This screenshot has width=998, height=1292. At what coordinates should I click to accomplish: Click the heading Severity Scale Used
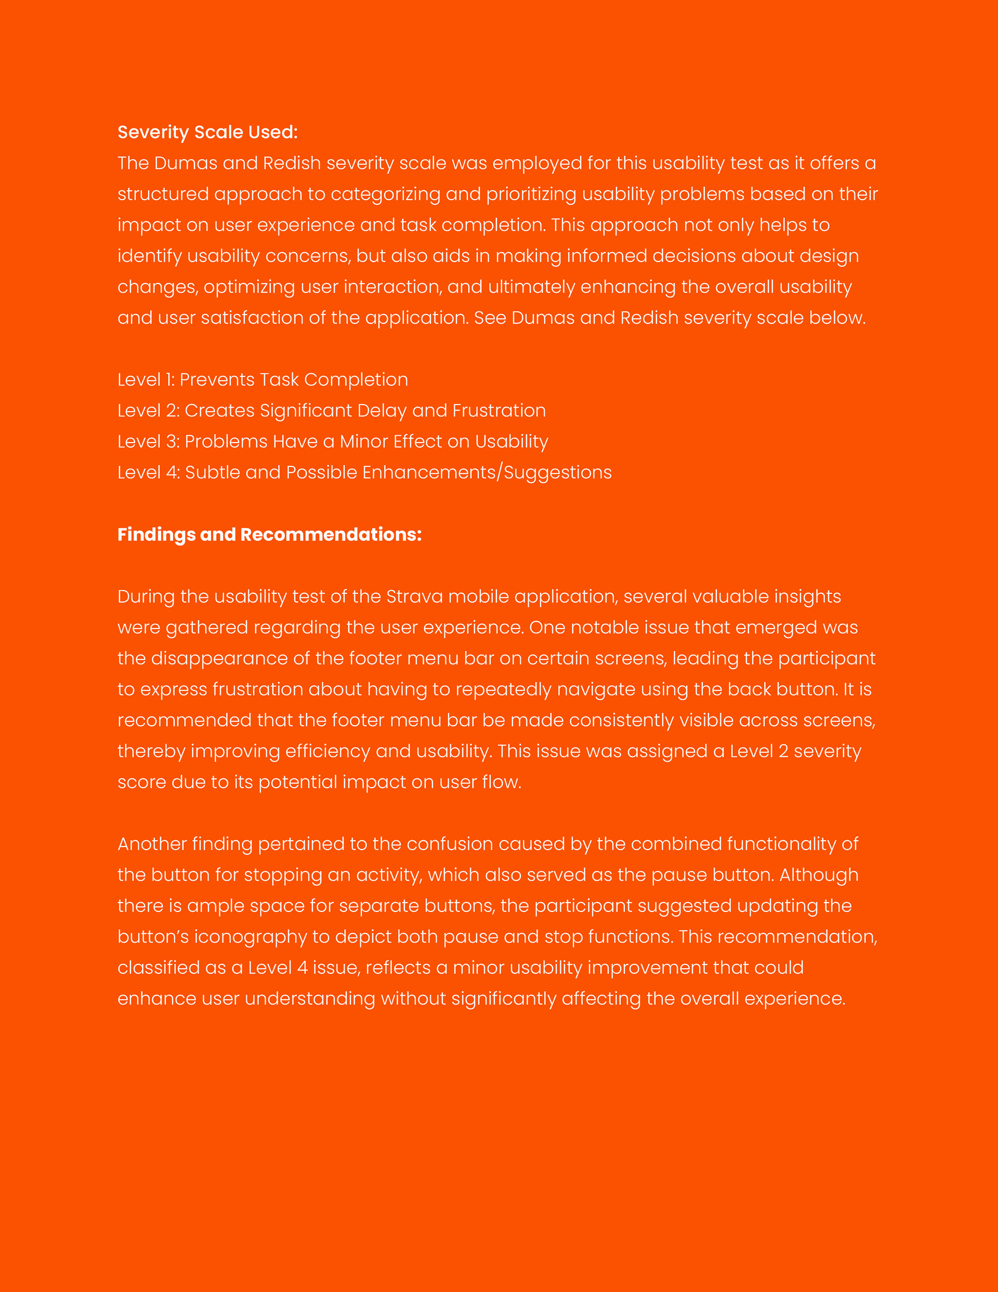207,132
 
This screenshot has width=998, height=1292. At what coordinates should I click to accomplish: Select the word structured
163,194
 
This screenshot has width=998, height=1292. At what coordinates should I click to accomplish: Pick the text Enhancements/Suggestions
487,472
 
